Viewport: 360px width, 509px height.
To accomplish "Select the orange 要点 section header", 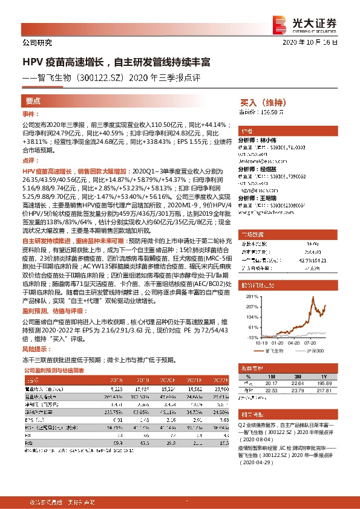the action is coord(33,101).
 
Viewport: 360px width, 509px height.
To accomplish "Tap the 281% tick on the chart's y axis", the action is coord(250,298).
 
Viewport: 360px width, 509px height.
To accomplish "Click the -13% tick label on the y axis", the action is coord(250,337).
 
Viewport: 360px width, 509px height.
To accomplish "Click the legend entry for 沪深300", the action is coord(313,350).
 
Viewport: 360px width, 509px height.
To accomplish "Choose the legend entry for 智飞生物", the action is coord(275,350).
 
